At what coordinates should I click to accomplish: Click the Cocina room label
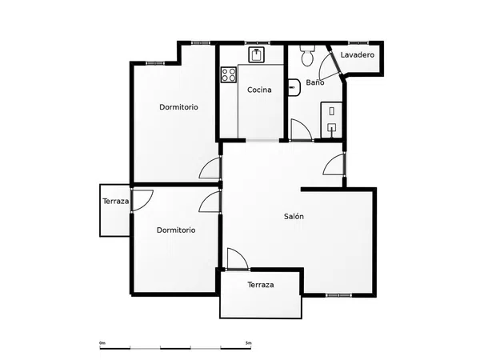pos(259,90)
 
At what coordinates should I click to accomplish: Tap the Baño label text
pos(315,82)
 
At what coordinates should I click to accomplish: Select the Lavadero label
pos(358,54)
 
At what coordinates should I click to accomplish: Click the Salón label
pos(294,217)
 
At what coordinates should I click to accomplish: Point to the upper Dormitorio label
pos(178,107)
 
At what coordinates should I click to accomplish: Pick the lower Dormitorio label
pos(176,230)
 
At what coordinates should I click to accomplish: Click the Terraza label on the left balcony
pos(116,202)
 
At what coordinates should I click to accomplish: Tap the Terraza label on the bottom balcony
pos(261,285)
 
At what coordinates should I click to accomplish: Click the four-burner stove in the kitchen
pos(229,74)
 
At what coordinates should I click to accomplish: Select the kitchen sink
pos(256,54)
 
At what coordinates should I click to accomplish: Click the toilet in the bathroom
pos(307,55)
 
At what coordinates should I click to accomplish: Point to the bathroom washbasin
pos(294,87)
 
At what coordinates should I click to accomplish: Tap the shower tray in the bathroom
pos(331,120)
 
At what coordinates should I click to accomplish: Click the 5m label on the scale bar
pos(249,343)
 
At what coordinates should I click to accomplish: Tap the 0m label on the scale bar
pos(102,343)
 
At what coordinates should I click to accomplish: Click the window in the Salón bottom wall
pos(338,295)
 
